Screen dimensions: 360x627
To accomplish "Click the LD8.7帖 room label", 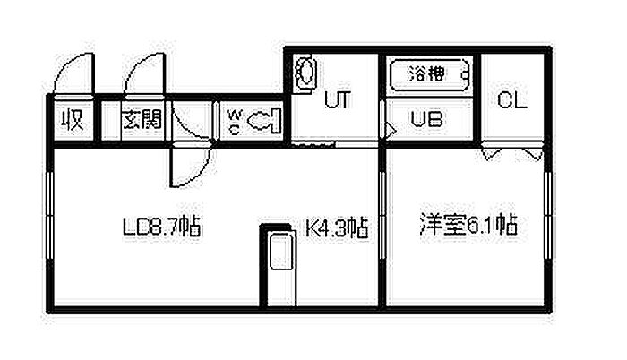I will click(x=161, y=227).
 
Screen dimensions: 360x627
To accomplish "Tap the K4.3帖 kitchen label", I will click(x=337, y=227).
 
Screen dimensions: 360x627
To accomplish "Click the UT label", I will click(x=337, y=100).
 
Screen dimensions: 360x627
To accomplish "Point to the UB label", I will click(x=427, y=118).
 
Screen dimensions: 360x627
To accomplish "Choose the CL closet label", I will click(x=511, y=100).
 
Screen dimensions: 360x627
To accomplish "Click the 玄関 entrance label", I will click(x=142, y=119).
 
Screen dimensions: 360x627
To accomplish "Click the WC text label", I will click(x=234, y=119).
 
